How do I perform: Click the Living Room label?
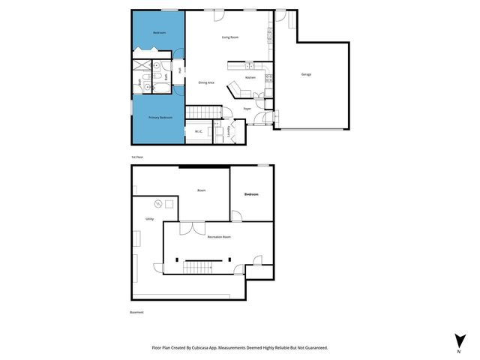229,37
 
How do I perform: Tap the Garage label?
306,74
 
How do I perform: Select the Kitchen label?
250,77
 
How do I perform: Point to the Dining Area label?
206,82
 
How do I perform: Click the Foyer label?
247,109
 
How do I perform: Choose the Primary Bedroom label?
160,118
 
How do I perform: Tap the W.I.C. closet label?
199,132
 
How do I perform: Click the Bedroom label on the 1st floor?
159,33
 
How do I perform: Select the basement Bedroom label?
251,194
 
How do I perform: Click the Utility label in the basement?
149,219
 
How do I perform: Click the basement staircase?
200,266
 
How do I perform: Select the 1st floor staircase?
202,112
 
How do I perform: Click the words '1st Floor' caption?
137,157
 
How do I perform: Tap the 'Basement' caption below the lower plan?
137,312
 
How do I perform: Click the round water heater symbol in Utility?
157,204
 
